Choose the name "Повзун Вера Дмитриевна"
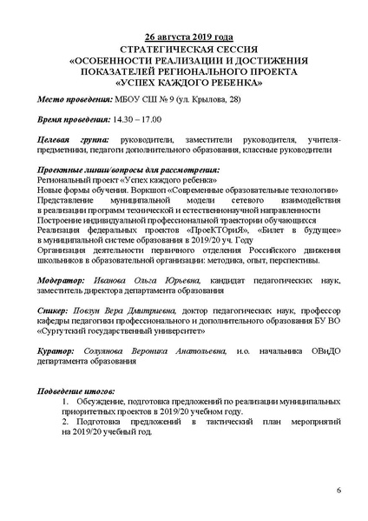pos(124,309)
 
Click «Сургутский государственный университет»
pos(112,330)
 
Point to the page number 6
pos(338,492)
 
